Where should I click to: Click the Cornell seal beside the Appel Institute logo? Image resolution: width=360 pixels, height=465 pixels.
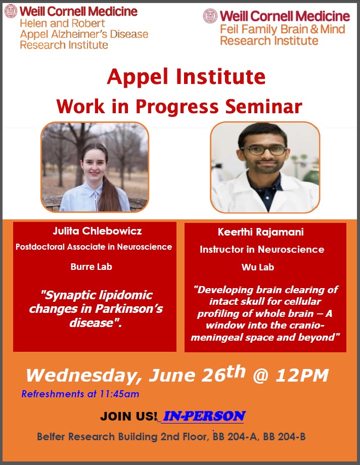[11, 11]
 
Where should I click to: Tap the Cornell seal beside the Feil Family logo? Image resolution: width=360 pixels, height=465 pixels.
[210, 16]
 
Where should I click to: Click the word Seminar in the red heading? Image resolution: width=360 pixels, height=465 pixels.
[263, 106]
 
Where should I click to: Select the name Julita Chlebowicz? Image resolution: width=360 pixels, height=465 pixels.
[98, 230]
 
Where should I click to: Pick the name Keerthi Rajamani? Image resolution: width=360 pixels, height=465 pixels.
[260, 232]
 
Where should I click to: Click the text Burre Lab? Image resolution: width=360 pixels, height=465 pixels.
[92, 266]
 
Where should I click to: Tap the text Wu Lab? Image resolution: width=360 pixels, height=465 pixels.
[257, 267]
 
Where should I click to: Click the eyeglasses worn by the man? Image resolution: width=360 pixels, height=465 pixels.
[264, 150]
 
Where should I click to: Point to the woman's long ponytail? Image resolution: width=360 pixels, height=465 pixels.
[108, 190]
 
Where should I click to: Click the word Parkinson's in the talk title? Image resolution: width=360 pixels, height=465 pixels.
[129, 309]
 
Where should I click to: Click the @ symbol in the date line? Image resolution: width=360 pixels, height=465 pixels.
[260, 376]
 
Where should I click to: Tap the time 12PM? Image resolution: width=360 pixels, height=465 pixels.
[302, 376]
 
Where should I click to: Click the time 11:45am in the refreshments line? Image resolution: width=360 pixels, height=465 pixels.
[119, 394]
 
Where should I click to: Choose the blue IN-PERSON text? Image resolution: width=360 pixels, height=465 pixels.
[204, 416]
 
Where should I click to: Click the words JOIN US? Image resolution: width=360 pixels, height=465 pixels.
[128, 416]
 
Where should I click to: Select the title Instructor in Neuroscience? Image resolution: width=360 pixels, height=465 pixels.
[262, 249]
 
